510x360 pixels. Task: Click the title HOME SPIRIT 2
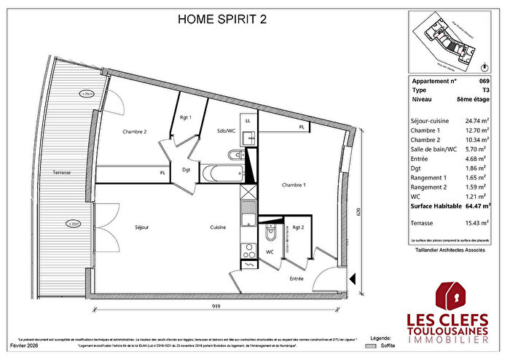(x=222, y=20)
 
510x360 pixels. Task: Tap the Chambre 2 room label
(x=135, y=132)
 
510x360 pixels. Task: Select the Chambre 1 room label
(x=294, y=185)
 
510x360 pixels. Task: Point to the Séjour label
(x=141, y=227)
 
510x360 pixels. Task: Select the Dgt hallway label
(x=187, y=169)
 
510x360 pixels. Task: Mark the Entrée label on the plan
(x=297, y=278)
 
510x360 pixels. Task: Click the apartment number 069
(x=484, y=82)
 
